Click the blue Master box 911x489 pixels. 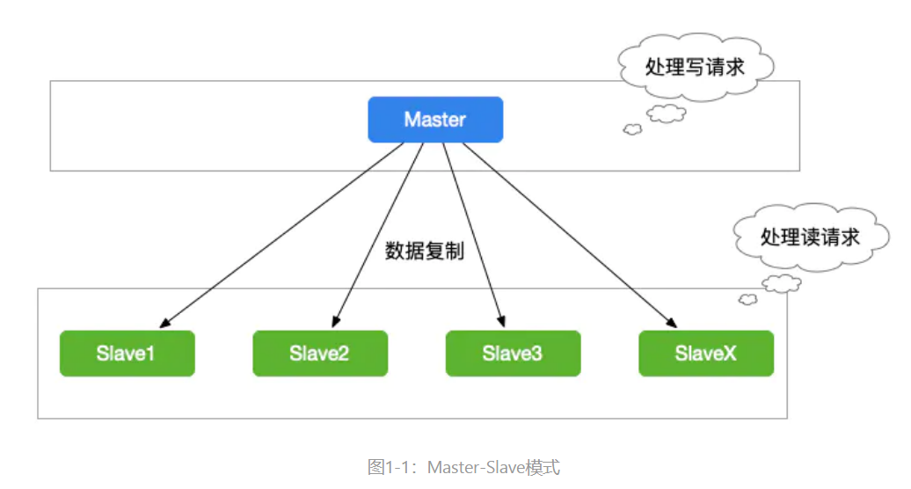(435, 120)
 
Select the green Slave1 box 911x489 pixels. (127, 354)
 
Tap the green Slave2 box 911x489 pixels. (319, 354)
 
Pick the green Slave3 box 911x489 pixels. (513, 354)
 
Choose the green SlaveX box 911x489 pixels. (706, 354)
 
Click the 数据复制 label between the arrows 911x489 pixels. (425, 251)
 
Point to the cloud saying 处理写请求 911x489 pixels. (695, 66)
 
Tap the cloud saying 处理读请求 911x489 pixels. (809, 236)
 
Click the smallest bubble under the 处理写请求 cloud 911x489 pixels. (631, 129)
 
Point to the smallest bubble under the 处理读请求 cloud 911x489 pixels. (747, 299)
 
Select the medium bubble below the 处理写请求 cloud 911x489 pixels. (667, 113)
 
